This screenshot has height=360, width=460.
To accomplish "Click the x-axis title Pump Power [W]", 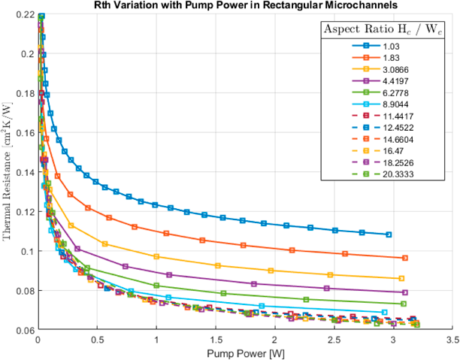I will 245,354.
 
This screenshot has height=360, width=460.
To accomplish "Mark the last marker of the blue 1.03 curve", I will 389,234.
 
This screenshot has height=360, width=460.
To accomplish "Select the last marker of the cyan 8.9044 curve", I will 385,312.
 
